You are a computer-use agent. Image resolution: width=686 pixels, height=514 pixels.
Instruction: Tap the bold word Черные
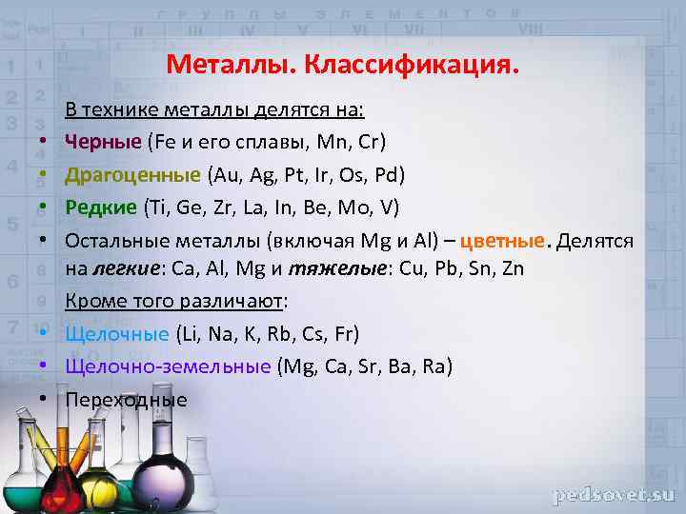tap(103, 142)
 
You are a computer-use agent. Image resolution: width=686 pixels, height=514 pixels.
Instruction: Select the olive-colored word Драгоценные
tap(132, 175)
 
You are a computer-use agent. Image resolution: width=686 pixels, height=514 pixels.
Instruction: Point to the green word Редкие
tap(101, 208)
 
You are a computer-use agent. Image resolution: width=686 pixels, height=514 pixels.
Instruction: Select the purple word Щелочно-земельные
tap(168, 366)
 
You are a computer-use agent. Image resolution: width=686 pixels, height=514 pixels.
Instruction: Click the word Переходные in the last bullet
tap(127, 400)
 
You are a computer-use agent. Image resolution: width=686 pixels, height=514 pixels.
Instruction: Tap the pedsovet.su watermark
tap(614, 495)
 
